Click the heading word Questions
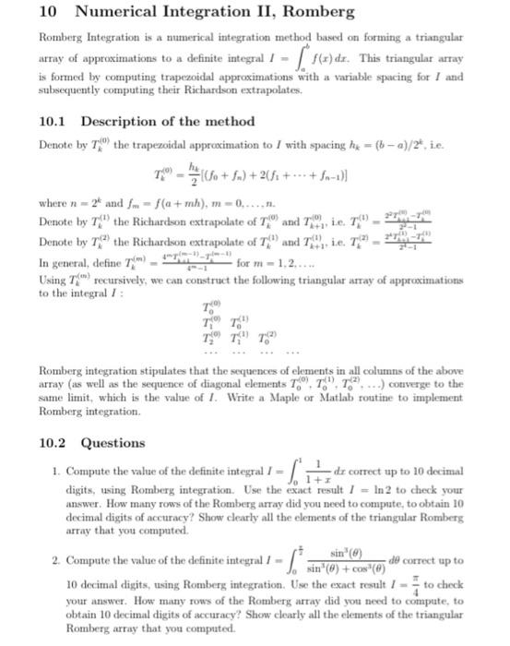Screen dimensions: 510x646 click(x=113, y=442)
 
